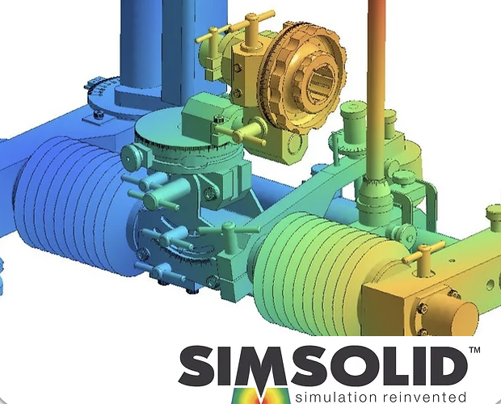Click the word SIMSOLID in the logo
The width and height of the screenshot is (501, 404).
[x=323, y=366]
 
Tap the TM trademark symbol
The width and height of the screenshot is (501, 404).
[x=474, y=350]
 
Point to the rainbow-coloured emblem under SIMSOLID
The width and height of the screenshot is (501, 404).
[x=262, y=395]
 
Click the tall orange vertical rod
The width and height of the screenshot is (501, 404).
[x=376, y=90]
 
